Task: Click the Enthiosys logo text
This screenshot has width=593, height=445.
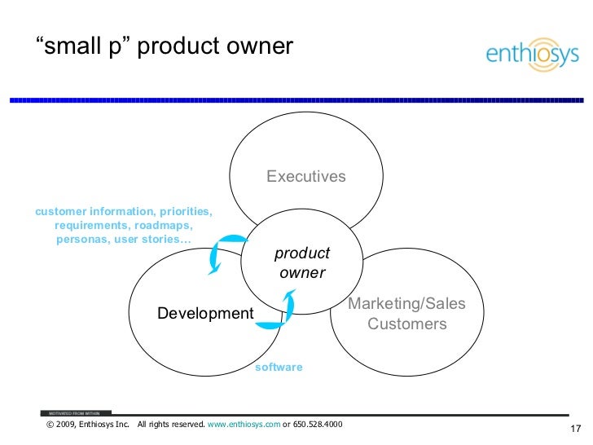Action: click(x=532, y=55)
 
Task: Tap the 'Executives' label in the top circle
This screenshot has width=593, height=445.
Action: click(x=306, y=177)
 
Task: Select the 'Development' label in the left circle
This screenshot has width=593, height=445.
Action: click(x=205, y=314)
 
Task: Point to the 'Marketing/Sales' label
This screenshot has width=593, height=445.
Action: click(x=407, y=304)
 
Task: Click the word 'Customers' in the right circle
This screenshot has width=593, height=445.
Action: click(x=407, y=324)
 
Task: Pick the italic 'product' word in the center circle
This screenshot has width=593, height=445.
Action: click(x=302, y=253)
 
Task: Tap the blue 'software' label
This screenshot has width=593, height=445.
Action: click(x=279, y=368)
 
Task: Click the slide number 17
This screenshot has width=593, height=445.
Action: click(x=573, y=430)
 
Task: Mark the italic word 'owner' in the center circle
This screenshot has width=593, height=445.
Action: click(x=302, y=273)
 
